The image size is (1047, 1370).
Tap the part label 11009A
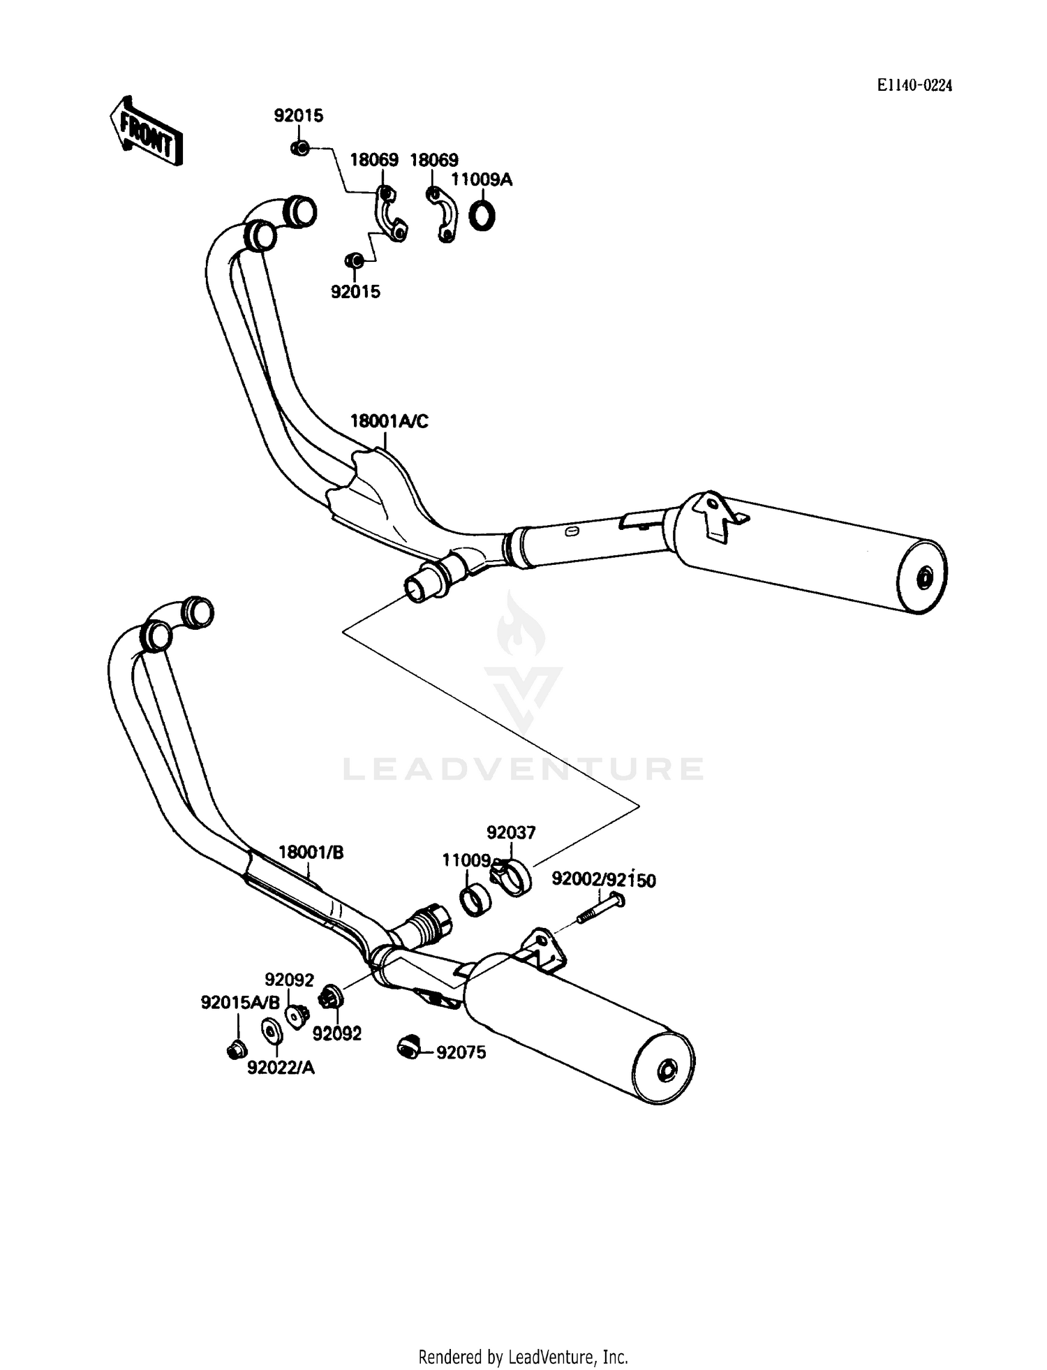[481, 179]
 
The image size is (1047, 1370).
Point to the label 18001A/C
[389, 421]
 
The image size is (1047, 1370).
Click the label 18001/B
[311, 853]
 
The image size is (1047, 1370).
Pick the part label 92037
[511, 832]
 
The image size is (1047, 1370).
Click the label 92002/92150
[603, 880]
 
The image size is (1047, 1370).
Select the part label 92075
[461, 1052]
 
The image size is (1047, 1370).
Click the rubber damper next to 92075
[407, 1047]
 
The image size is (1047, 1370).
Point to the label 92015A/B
[239, 1003]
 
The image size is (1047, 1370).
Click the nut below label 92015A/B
[236, 1049]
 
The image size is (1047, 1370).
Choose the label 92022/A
[281, 1068]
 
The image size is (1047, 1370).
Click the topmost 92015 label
[299, 115]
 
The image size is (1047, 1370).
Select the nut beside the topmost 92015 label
[299, 148]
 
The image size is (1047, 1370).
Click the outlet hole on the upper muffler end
[926, 577]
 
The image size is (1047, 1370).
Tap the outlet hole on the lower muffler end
[667, 1070]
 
